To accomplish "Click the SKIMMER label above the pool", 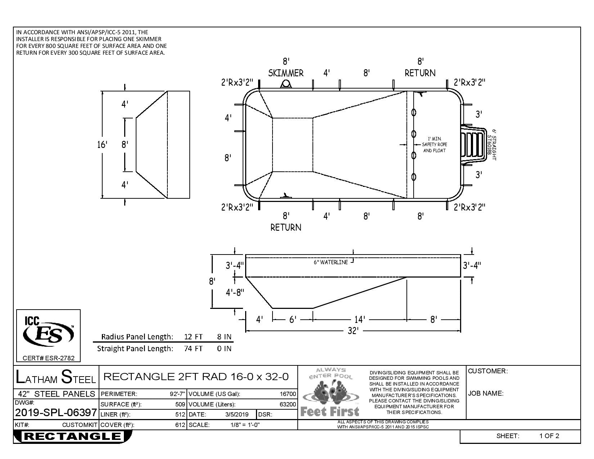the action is coord(285,73).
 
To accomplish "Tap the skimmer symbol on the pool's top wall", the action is coord(286,84).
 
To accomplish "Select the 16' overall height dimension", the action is coord(102,144).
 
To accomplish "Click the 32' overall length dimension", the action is coord(353,331).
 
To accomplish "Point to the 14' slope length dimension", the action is coord(360,319).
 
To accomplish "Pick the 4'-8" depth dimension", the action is coord(235,293).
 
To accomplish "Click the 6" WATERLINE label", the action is coord(331,262).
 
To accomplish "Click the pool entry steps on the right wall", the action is coord(473,145).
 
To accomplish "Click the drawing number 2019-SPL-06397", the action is coord(56,413).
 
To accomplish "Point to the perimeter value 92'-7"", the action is coord(177,394).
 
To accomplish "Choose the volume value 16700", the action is coord(288,394).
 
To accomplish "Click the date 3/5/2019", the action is coord(237,414).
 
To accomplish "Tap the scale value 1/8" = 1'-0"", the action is coord(245,425).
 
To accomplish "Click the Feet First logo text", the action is coord(330,411).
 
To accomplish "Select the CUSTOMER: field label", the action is coord(488,371).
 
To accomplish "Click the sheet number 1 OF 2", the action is coord(549,436).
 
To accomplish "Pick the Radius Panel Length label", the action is coord(137,337).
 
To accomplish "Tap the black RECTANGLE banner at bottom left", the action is coord(73,436).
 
